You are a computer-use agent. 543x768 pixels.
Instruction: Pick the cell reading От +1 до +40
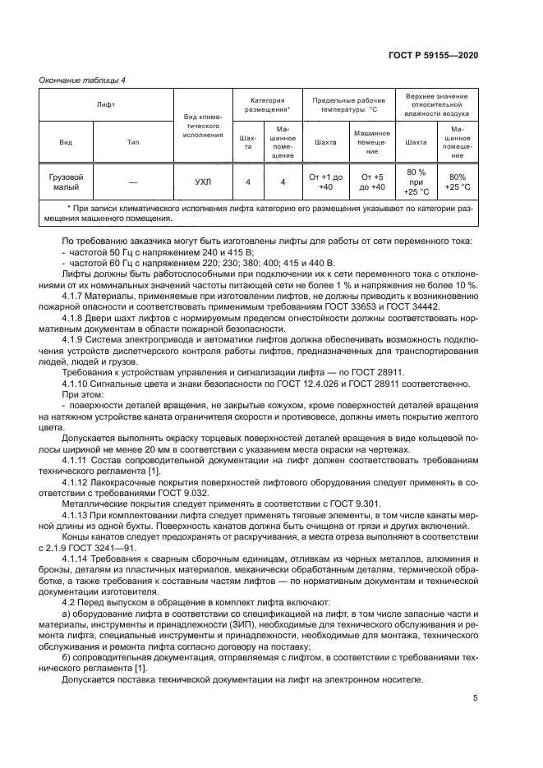pos(325,182)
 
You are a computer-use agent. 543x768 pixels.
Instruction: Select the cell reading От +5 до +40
pos(372,182)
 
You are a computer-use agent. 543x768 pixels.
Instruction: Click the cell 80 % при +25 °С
pos(416,182)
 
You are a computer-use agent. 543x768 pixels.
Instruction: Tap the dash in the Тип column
pos(133,182)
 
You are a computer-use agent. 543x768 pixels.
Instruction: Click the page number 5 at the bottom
pos(475,699)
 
